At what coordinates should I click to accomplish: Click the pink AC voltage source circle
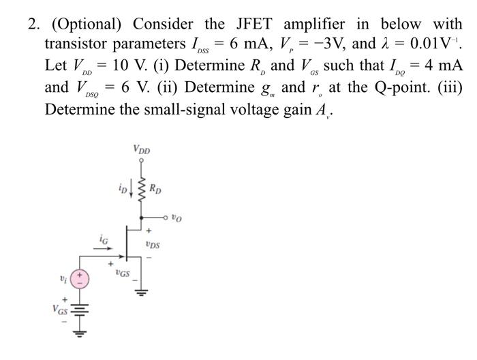click(x=80, y=277)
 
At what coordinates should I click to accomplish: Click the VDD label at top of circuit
click(x=142, y=149)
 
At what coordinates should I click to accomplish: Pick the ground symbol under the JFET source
click(x=142, y=294)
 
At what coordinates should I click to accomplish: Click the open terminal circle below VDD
click(x=142, y=161)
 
